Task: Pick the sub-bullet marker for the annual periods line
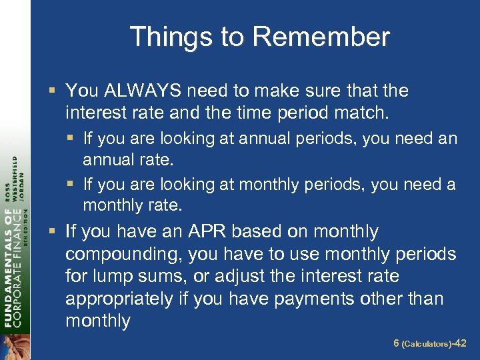pyautogui.click(x=73, y=139)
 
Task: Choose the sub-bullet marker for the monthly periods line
pyautogui.click(x=73, y=184)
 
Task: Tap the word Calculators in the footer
pyautogui.click(x=425, y=344)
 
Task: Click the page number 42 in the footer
pyautogui.click(x=459, y=343)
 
